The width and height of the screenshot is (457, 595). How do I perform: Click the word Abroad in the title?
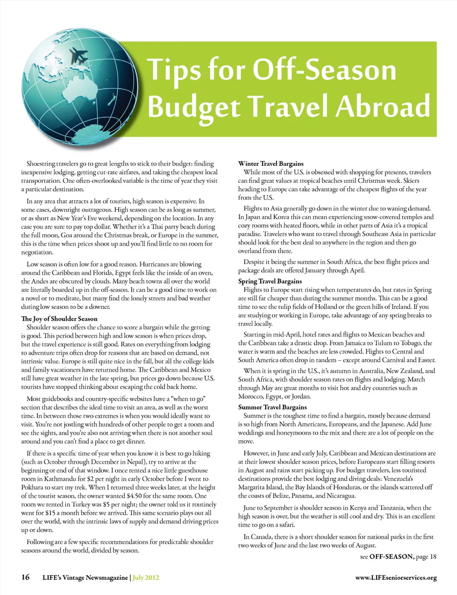tap(383, 106)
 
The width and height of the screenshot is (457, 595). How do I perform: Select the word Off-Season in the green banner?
tap(324, 70)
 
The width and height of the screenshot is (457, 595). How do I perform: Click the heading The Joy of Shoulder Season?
tap(59, 319)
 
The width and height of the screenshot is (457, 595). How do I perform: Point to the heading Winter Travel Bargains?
tap(270, 164)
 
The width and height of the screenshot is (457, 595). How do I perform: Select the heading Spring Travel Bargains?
tap(270, 281)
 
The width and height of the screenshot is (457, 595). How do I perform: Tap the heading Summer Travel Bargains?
tap(272, 407)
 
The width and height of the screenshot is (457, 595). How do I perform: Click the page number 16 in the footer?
tap(25, 577)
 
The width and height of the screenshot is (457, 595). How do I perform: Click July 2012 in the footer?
tap(146, 578)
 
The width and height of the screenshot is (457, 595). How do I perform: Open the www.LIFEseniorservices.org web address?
tap(396, 578)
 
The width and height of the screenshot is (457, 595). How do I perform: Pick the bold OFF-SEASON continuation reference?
tap(391, 557)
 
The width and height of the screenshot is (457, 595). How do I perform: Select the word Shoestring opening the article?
tap(41, 164)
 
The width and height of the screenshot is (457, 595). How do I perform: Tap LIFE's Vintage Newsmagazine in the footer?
tap(85, 578)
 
